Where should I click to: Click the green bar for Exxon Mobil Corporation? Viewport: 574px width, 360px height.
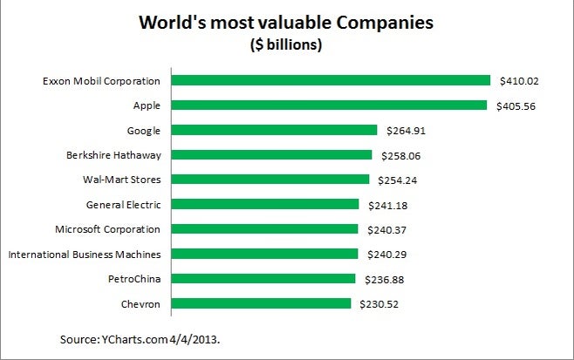click(331, 80)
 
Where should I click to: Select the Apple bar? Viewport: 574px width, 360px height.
click(329, 105)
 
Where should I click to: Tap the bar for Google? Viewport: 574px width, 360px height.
click(274, 130)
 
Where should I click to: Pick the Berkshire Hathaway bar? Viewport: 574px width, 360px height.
click(271, 155)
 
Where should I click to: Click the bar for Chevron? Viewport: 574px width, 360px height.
click(261, 303)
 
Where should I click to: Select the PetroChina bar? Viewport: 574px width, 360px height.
click(263, 279)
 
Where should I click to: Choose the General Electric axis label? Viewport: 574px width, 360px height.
click(123, 205)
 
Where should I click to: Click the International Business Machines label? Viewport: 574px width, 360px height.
click(84, 255)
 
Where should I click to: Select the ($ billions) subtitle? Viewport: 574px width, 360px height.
click(287, 45)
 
